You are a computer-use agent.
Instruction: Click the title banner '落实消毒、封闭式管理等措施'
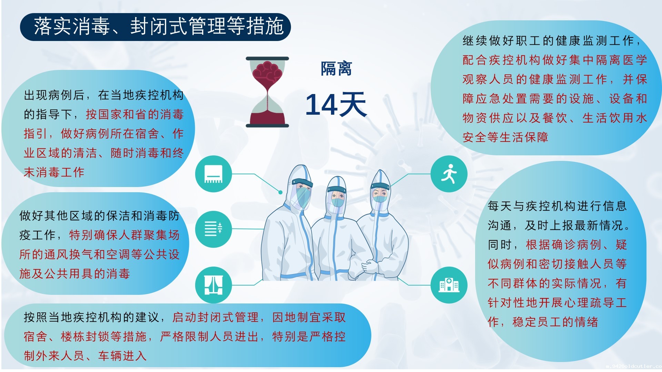[x=156, y=27]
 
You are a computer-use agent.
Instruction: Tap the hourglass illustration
[x=267, y=92]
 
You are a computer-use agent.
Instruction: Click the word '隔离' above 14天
[x=336, y=69]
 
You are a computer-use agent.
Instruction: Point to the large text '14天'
[x=336, y=104]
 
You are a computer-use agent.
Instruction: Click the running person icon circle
[x=449, y=174]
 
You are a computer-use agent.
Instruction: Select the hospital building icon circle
[x=449, y=285]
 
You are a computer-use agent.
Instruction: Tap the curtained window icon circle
[x=213, y=285]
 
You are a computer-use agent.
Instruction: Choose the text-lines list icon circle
[x=213, y=229]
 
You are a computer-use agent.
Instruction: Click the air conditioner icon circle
[x=213, y=174]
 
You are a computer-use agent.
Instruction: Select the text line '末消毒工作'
[x=54, y=172]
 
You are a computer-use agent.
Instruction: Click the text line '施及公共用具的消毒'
[x=74, y=274]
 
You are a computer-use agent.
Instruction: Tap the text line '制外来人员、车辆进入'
[x=85, y=355]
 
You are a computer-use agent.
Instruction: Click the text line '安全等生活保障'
[x=505, y=137]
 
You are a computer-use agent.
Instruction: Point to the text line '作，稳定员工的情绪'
[x=543, y=322]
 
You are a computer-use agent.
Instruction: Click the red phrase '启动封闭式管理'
[x=215, y=317]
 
